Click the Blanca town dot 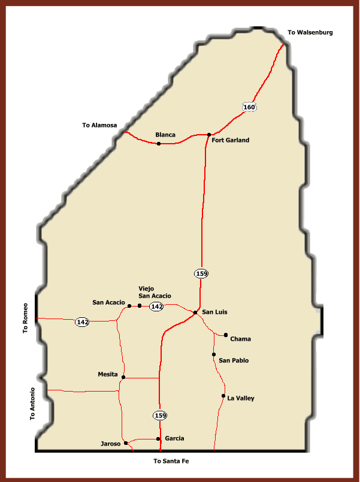tap(159, 144)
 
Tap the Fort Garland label tap(231, 140)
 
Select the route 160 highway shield tap(249, 107)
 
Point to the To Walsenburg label tap(310, 32)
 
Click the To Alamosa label tap(99, 125)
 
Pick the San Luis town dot tap(195, 313)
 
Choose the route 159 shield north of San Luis tap(201, 274)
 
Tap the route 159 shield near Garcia tap(159, 415)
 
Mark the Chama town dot tap(226, 335)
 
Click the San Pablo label tap(234, 360)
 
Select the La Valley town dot tap(223, 396)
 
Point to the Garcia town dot tap(158, 439)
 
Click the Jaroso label tap(112, 444)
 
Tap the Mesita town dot tap(123, 377)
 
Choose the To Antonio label tap(34, 404)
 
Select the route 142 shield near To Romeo tap(82, 322)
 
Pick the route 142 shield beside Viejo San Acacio tap(157, 307)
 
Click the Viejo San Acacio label tap(155, 292)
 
